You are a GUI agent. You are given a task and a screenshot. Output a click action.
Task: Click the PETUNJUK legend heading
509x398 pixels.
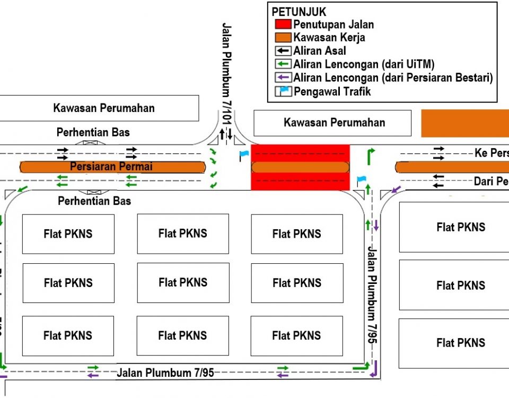(x=299, y=12)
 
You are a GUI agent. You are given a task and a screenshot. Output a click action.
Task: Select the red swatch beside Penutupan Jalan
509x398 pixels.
(x=283, y=24)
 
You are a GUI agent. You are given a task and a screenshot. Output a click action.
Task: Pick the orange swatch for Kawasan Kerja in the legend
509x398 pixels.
(x=283, y=38)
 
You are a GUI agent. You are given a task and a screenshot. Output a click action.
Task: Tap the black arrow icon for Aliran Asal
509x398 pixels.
(x=283, y=51)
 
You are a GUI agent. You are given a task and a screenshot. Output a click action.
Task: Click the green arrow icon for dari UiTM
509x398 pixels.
(x=283, y=64)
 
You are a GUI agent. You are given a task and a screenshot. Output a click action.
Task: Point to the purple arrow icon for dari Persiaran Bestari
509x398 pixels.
(x=283, y=78)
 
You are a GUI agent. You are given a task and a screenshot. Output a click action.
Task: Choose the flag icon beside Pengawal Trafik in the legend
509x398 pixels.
(x=283, y=91)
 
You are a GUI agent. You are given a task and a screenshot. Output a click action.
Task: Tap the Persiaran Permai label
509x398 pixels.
(x=111, y=167)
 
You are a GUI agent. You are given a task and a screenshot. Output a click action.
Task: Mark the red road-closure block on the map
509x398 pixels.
(x=300, y=167)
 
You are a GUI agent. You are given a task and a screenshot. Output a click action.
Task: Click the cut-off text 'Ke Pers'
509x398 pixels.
(x=491, y=153)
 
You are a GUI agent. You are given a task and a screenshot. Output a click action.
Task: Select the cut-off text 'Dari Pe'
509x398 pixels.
(x=491, y=181)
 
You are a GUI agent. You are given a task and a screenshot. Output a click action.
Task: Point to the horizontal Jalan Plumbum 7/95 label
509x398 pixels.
(x=165, y=373)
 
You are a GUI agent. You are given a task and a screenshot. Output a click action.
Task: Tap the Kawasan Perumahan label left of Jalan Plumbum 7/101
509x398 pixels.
(x=104, y=108)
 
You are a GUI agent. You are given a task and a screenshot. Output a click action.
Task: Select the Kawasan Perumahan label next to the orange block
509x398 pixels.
(x=334, y=123)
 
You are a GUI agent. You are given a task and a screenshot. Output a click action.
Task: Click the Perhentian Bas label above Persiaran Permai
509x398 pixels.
(x=93, y=132)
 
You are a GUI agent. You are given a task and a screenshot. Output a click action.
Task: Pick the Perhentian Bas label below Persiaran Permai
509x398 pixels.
(x=94, y=201)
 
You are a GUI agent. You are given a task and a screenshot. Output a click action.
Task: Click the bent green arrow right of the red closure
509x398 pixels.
(x=371, y=155)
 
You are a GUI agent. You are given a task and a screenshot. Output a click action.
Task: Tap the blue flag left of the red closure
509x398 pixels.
(x=243, y=155)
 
